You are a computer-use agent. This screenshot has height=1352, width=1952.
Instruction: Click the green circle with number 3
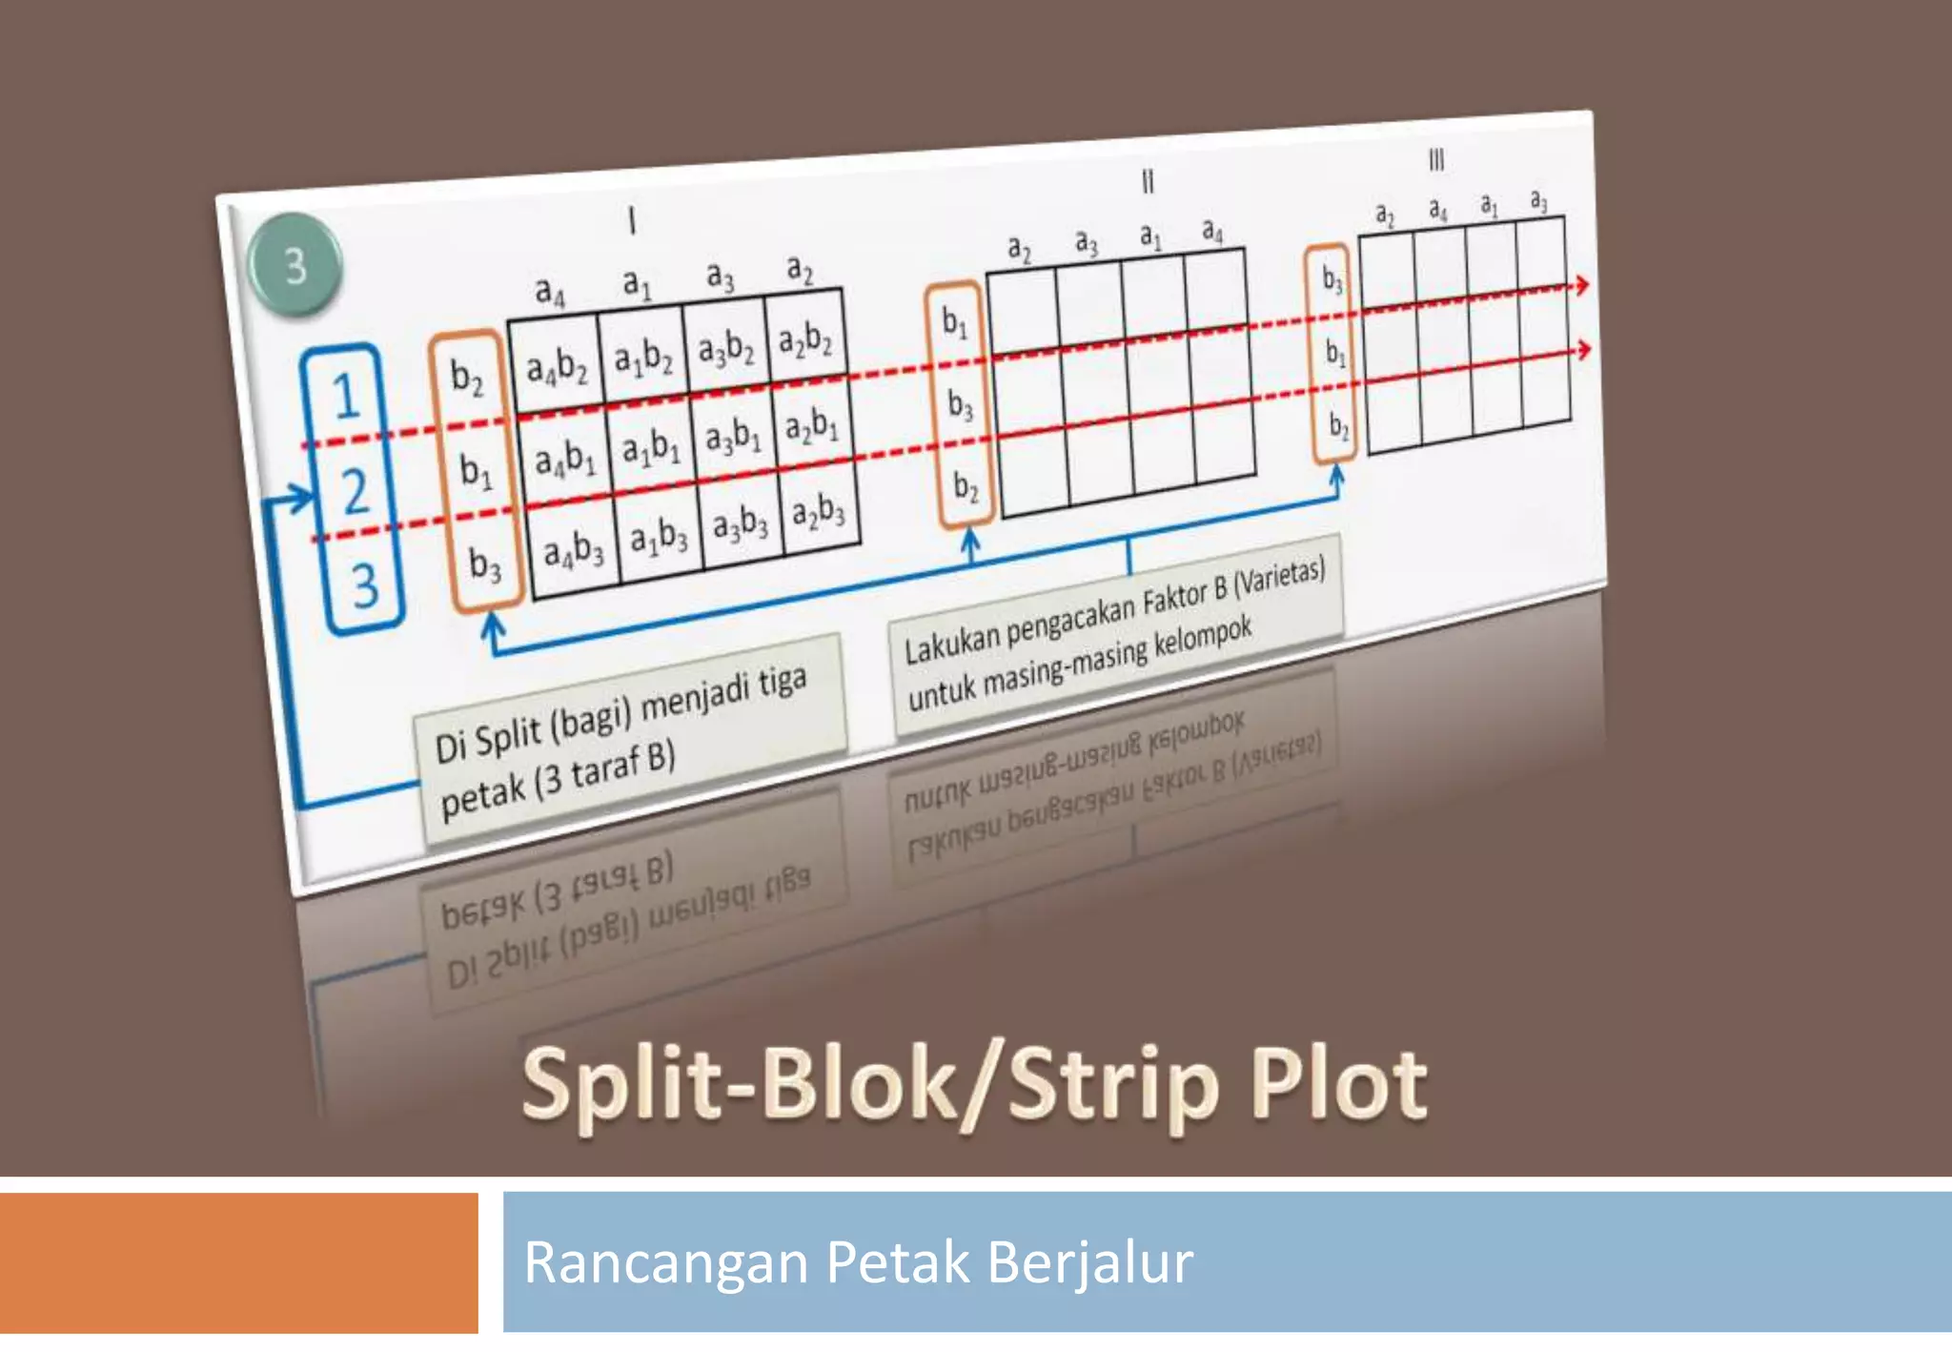295,265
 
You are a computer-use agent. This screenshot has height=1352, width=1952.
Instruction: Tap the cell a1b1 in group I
651,445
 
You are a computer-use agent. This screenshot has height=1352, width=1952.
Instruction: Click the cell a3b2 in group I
726,349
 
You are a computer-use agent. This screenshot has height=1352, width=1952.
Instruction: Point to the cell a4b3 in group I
574,551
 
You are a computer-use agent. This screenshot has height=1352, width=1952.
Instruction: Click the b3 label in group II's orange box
960,405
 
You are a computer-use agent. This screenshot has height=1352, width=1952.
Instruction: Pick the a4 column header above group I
550,291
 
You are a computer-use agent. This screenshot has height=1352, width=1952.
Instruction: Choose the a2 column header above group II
1019,250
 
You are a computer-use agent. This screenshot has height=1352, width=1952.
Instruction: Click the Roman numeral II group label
1148,181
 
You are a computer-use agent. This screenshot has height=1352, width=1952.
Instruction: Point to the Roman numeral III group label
1436,159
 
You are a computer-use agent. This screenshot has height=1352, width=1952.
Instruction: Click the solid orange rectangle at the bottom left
238,1262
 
